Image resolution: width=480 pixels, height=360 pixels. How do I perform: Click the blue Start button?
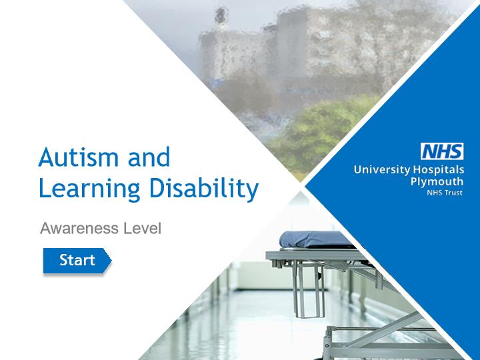point(77,261)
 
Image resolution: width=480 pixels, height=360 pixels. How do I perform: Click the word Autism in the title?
point(79,157)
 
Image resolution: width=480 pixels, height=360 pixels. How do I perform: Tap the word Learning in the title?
point(89,189)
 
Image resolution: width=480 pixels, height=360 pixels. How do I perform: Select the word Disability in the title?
point(204,188)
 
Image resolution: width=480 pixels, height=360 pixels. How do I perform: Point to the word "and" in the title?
point(149,157)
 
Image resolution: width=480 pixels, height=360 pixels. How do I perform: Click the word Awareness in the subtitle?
point(79,229)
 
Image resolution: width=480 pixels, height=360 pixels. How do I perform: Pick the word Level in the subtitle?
point(142,229)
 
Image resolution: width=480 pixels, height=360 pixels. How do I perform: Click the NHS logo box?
point(442,151)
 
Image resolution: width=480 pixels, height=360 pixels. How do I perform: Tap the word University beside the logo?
point(382,170)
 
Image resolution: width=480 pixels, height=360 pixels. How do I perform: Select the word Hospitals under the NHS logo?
point(439,169)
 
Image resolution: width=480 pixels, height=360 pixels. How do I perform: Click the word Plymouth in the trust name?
point(437,182)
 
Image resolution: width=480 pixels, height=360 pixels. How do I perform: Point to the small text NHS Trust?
point(445,193)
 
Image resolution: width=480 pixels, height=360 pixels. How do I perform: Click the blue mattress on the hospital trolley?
point(315,239)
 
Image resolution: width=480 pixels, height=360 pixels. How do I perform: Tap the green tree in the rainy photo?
point(321,135)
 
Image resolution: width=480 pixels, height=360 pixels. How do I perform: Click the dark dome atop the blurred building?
point(221,14)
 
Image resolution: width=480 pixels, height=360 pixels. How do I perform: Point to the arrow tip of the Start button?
point(111,261)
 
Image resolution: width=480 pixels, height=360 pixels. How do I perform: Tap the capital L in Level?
point(127,229)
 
